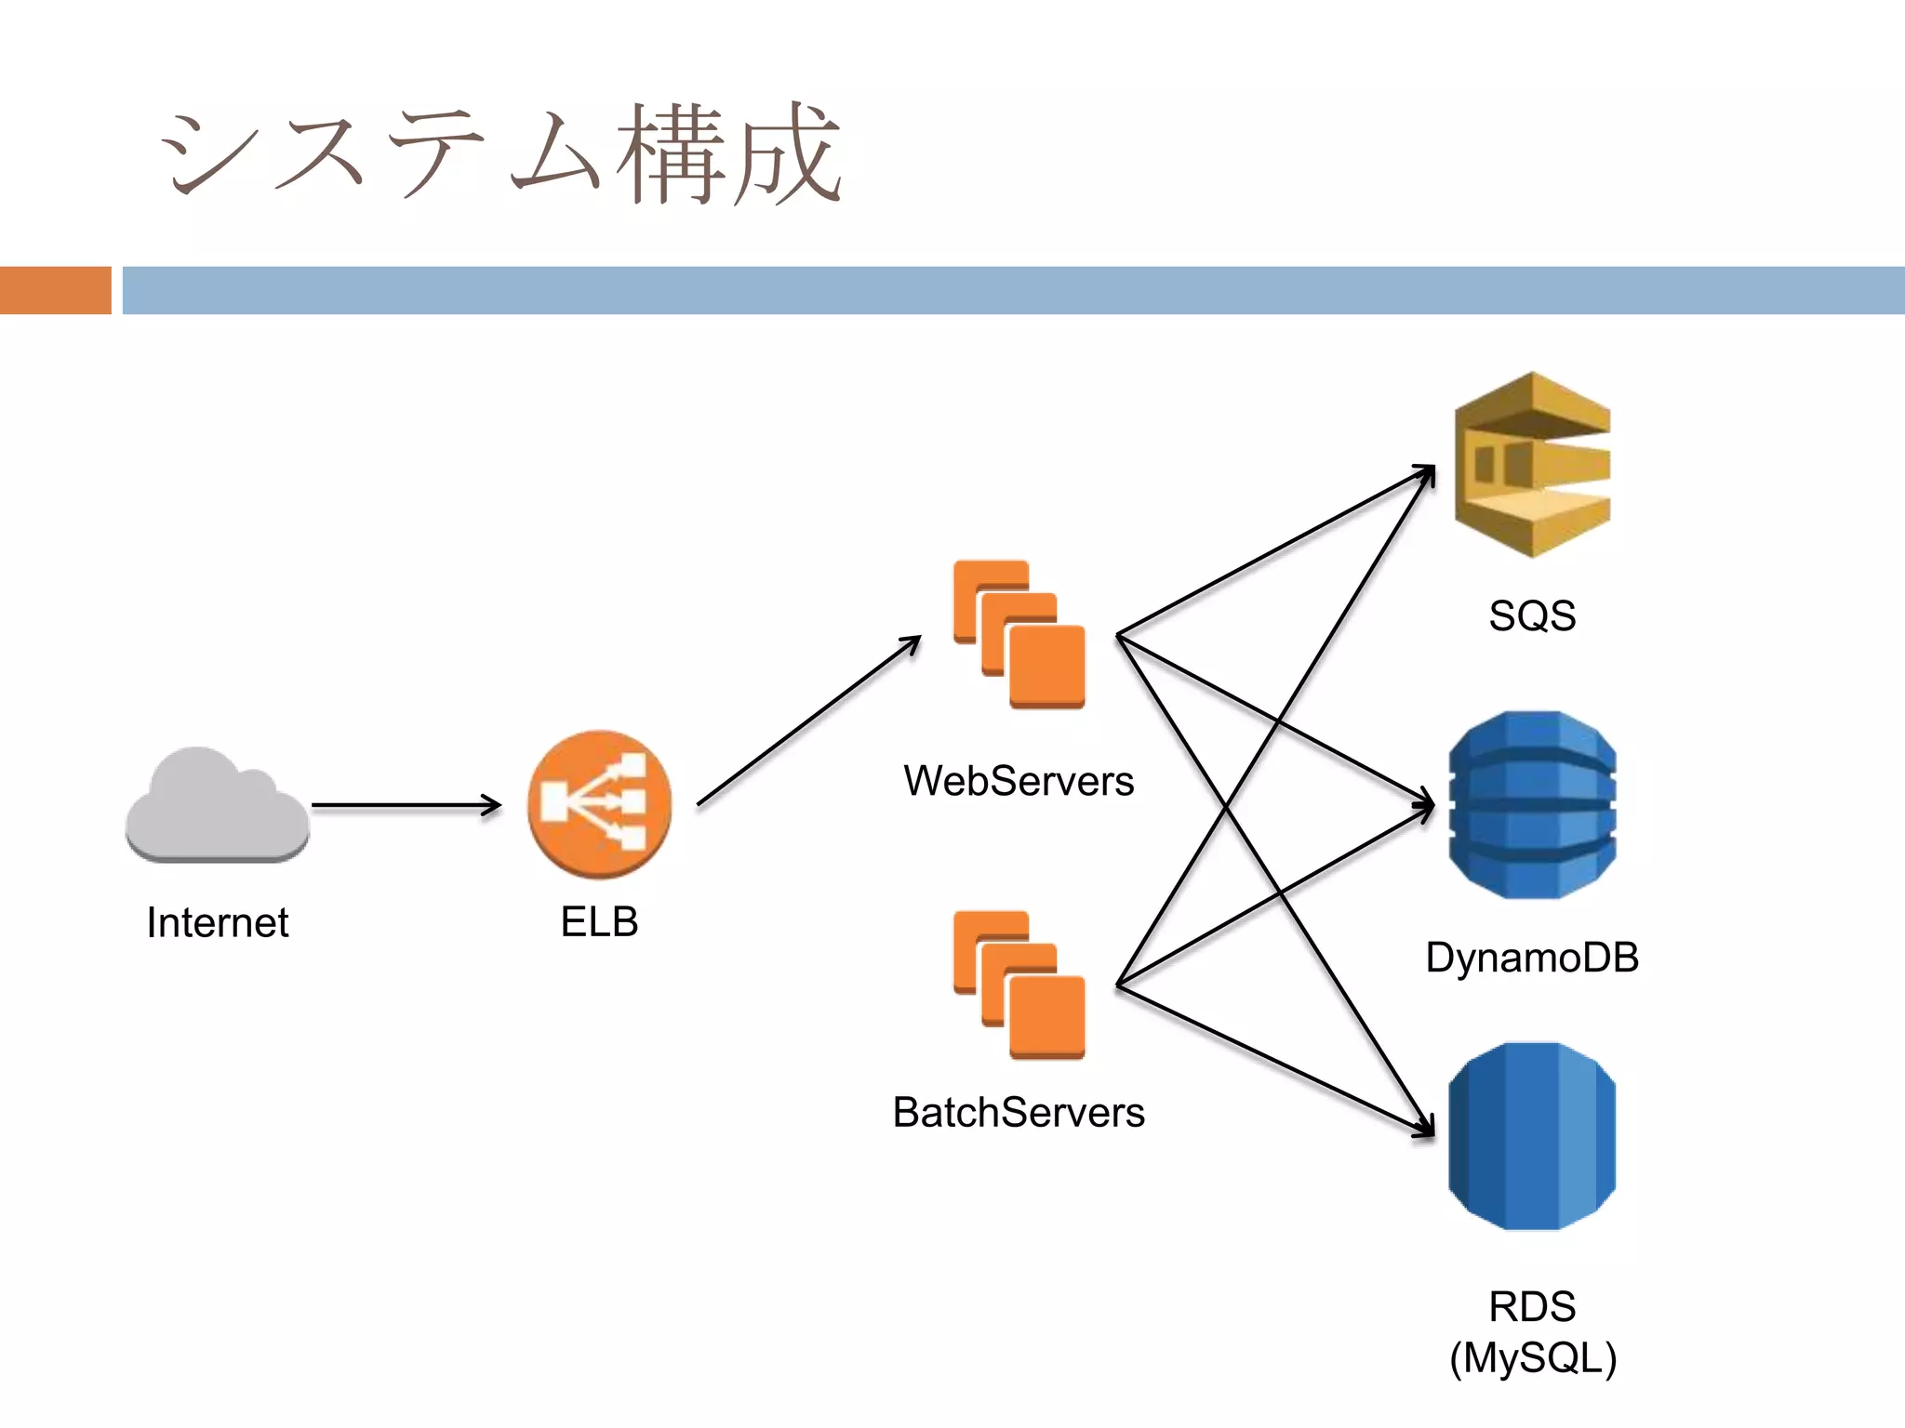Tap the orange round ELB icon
[x=599, y=805]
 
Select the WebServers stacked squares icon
[x=1019, y=634]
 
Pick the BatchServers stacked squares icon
[x=1019, y=985]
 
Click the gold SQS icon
[x=1532, y=465]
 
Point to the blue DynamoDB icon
[x=1532, y=805]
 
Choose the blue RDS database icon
[x=1532, y=1136]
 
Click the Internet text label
[x=218, y=922]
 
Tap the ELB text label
[x=599, y=922]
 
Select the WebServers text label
[x=1019, y=781]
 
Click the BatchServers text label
[x=1019, y=1112]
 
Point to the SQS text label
[x=1532, y=615]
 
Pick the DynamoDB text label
[x=1532, y=958]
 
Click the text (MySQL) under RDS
[x=1532, y=1357]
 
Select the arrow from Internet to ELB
[x=406, y=805]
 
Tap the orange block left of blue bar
[x=55, y=290]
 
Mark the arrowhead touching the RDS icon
[x=1426, y=1127]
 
